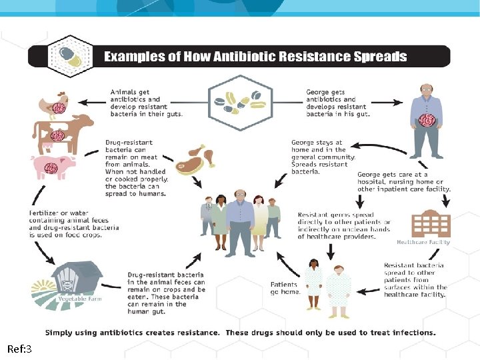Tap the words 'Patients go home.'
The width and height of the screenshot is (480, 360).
[x=285, y=288]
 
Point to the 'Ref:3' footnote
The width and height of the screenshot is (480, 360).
[x=19, y=349]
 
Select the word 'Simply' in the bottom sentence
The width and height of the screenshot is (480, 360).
[x=61, y=332]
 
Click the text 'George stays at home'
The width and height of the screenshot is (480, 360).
[x=318, y=146]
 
